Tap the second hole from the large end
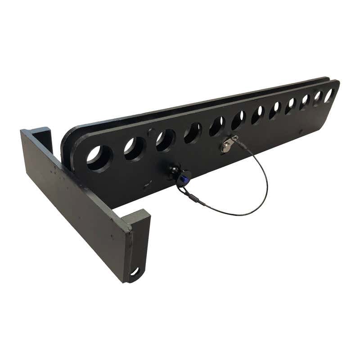(x=134, y=148)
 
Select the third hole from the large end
(x=165, y=139)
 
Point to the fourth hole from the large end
(x=193, y=132)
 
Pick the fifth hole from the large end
(x=217, y=126)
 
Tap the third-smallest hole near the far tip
(x=305, y=101)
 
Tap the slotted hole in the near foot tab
(x=135, y=271)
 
